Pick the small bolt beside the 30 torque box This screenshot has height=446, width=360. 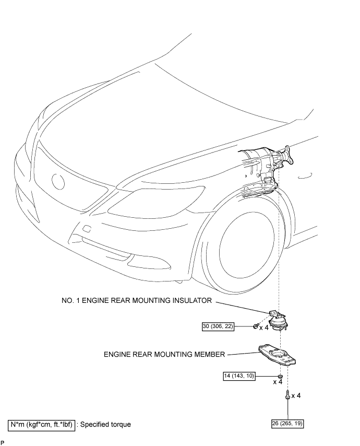[x=256, y=326]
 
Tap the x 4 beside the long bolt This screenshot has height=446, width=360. [x=296, y=396]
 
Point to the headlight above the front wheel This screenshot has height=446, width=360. [x=162, y=198]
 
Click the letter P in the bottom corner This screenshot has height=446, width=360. [x=3, y=442]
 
